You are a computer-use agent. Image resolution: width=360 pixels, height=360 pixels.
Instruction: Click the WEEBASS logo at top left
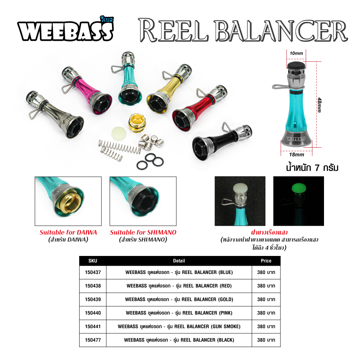point(66,30)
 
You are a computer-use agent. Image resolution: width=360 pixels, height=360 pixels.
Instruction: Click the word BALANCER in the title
point(280,31)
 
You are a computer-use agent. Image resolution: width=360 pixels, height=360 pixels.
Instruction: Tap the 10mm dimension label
point(296,53)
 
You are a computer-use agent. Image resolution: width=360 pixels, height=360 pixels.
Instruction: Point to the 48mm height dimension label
point(319,105)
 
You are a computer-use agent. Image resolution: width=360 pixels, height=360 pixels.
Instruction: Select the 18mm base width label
point(297,154)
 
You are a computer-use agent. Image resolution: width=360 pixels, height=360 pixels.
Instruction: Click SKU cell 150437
point(93,273)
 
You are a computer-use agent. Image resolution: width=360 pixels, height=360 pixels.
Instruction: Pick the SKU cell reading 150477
point(93,340)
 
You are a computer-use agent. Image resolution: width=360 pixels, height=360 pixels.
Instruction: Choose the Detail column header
point(179,261)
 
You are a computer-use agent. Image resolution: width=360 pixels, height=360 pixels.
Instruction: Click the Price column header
point(266,261)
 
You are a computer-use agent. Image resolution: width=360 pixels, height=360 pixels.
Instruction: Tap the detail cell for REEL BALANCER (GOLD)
point(179,300)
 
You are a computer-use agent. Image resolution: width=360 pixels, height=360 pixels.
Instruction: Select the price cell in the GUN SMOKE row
point(266,327)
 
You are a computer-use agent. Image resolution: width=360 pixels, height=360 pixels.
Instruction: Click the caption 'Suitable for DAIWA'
point(68,232)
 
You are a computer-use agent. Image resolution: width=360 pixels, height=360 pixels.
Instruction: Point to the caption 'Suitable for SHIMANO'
point(143,232)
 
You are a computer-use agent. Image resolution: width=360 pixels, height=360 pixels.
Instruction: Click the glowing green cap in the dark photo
point(298,189)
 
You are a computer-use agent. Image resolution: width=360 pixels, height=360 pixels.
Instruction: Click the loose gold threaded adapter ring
point(137,123)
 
